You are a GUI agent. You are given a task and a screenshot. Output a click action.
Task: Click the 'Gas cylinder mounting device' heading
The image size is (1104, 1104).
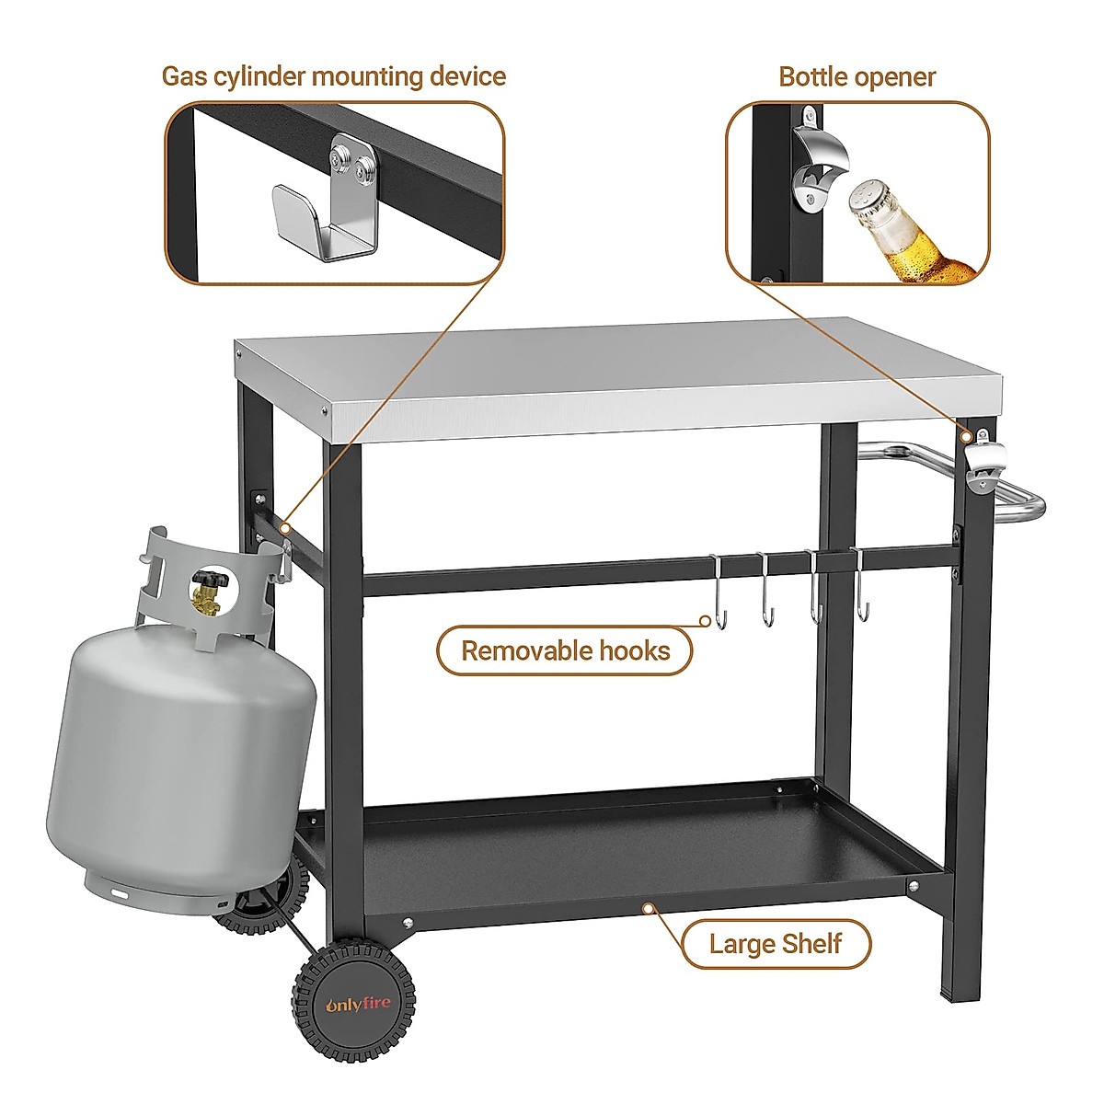click(x=333, y=75)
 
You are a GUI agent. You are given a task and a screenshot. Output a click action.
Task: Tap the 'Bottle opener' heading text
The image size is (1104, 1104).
click(x=857, y=76)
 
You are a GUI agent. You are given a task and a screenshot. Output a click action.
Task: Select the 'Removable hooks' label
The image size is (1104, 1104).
click(x=565, y=651)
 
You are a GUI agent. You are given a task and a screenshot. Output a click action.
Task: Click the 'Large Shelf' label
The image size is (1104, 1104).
click(x=775, y=943)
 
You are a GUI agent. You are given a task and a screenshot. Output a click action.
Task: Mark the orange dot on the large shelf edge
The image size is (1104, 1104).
click(x=649, y=906)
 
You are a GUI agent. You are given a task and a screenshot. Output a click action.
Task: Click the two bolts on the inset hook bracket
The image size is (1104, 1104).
click(x=354, y=165)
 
